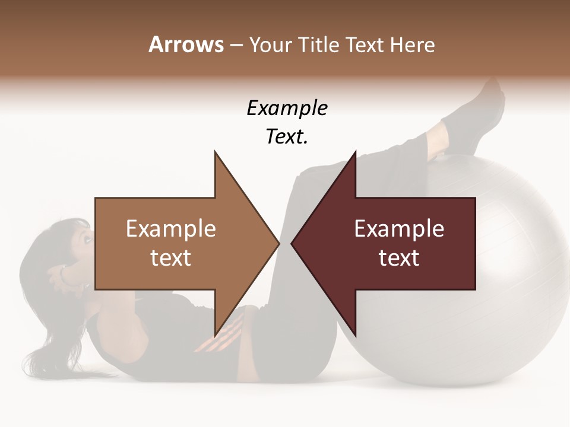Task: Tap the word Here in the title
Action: point(411,44)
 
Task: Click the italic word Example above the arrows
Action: point(287,108)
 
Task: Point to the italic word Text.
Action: point(287,137)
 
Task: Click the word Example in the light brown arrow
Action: point(170,228)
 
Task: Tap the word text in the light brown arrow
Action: point(170,258)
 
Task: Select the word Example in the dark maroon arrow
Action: point(399,228)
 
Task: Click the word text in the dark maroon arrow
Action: point(399,258)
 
